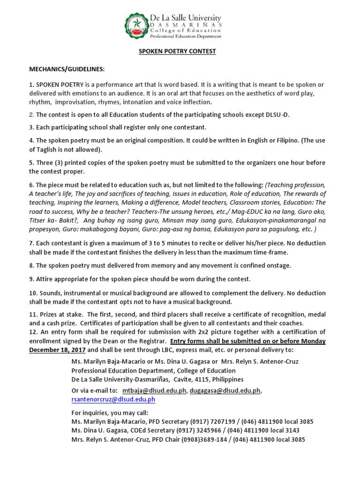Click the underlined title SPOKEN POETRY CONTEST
coord(177,52)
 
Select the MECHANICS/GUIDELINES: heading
coord(67,69)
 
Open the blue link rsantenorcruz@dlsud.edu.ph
coord(113,399)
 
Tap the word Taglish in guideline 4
coord(48,150)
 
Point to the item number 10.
coord(34,293)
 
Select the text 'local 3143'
coord(283,430)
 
